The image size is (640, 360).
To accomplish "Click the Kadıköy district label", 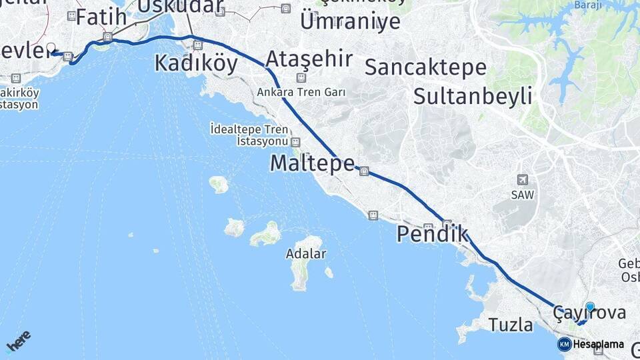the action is tap(196, 63).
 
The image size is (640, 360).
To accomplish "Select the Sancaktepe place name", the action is tap(425, 67).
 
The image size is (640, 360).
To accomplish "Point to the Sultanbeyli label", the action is tap(473, 96).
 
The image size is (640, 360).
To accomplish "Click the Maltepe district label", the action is tap(312, 163).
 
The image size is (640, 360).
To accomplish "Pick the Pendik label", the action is tap(432, 234).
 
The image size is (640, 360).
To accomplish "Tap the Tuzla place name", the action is tap(511, 325).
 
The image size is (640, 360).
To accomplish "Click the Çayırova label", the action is tap(589, 313).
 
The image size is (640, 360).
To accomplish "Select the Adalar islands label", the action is tap(305, 253).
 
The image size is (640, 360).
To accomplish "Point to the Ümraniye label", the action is tap(350, 21).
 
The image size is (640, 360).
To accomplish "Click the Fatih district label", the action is tap(101, 17).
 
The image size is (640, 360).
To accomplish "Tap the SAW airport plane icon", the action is tap(523, 180).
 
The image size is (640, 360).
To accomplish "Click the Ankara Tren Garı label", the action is tap(302, 92).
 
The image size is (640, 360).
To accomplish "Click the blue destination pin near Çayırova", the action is tap(589, 307).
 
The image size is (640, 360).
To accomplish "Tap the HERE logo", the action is tap(17, 341).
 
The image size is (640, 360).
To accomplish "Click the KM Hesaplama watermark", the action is tap(591, 344).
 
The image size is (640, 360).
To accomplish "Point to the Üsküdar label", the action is tap(180, 7).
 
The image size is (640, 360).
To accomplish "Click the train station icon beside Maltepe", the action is tap(364, 171).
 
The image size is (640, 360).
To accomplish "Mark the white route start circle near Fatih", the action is tap(51, 48).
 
